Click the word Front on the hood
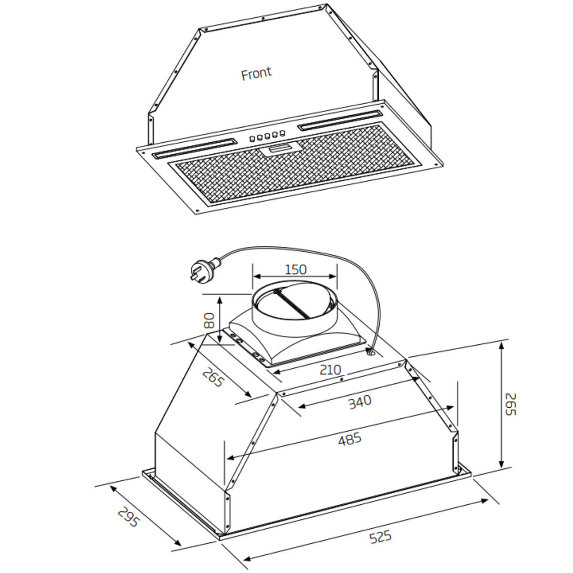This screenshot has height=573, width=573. [x=256, y=73]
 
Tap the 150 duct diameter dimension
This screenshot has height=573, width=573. [x=295, y=269]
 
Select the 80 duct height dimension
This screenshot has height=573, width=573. [x=209, y=320]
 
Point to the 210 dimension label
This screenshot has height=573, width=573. [x=330, y=369]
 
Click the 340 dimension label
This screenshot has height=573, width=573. [x=359, y=401]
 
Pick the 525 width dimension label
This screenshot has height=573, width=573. [x=380, y=537]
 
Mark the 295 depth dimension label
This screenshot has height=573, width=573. [x=128, y=517]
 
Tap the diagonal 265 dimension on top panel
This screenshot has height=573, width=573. [x=213, y=378]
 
